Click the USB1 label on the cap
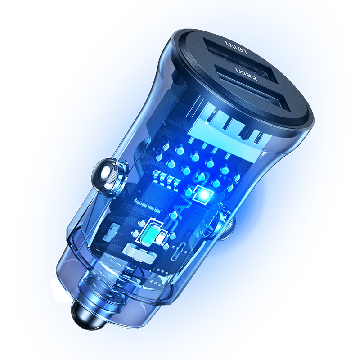[x=236, y=47]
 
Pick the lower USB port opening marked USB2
[x=250, y=91]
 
